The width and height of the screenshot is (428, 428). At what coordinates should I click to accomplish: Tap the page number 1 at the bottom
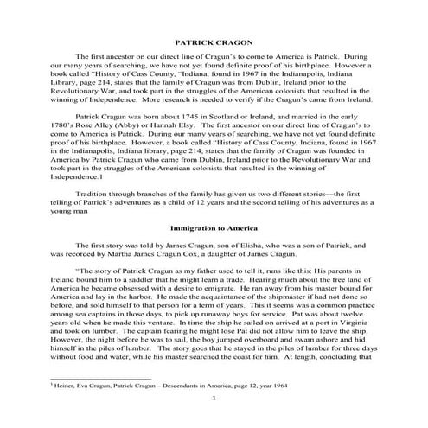[214, 420]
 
